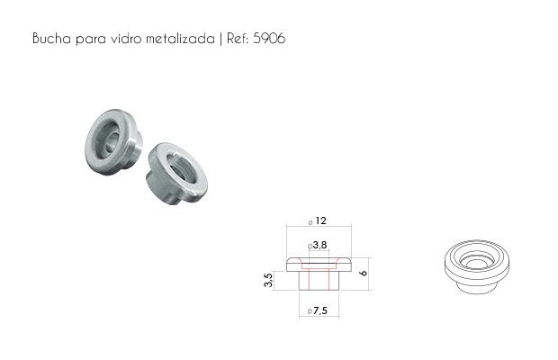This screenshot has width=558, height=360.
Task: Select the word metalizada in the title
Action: (181, 38)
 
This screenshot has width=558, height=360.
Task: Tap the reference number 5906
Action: (269, 38)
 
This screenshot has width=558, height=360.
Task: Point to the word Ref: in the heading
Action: (238, 38)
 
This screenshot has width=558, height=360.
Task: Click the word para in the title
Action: (91, 39)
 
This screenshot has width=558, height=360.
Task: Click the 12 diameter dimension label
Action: (320, 220)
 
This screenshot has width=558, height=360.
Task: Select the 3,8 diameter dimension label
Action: (319, 245)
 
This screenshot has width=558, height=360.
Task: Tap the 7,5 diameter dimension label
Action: (320, 310)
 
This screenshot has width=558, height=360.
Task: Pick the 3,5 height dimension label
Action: (269, 280)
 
